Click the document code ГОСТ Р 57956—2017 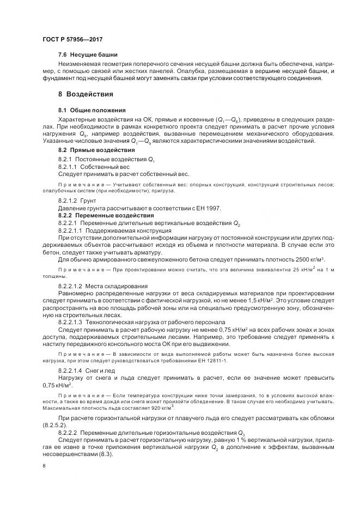pos(72,40)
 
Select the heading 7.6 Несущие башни pos(88,55)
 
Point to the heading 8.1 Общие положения pos(91,110)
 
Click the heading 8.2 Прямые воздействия pos(96,150)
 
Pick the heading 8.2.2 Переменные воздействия pos(98,216)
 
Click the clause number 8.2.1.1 pos(69,166)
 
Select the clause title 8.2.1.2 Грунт pos(77,201)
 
